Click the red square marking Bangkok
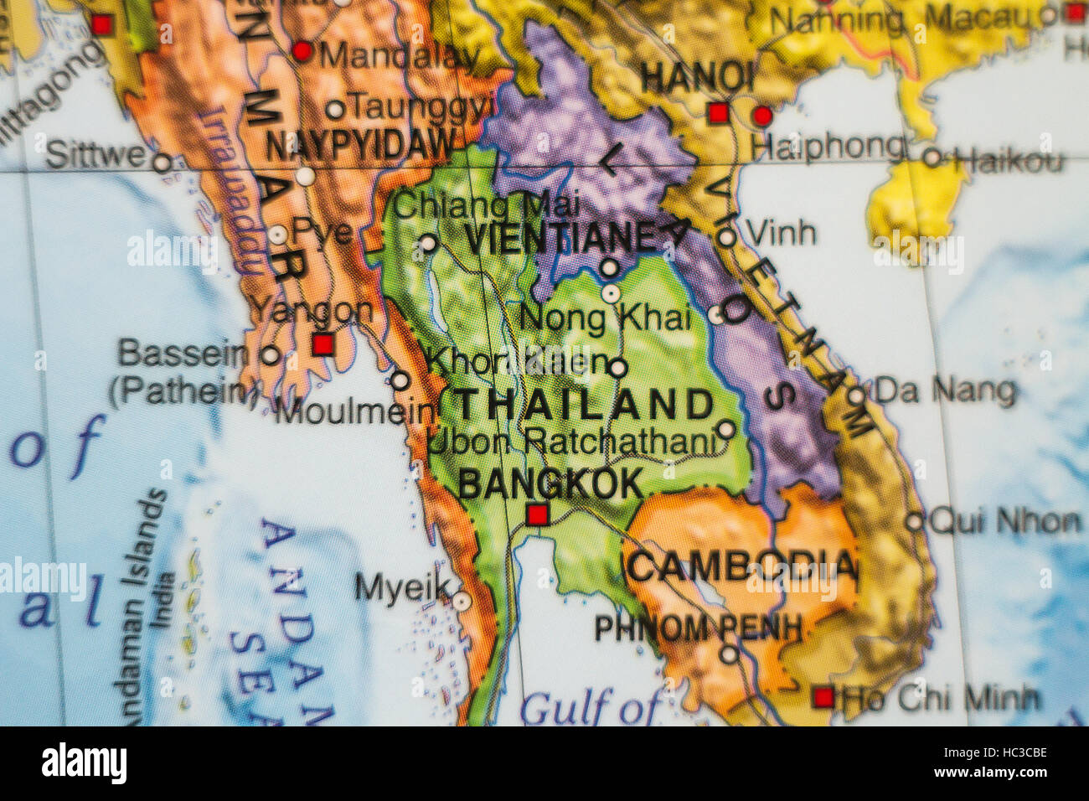[x=538, y=514]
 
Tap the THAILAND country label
[x=576, y=406]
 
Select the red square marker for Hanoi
[x=718, y=114]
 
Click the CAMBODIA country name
[x=742, y=567]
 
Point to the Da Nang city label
[x=944, y=391]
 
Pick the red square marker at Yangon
[x=323, y=344]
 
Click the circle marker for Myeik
[x=462, y=601]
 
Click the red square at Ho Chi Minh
[x=823, y=697]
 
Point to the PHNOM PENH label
[x=699, y=628]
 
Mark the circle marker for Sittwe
[x=163, y=163]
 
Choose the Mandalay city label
[x=400, y=56]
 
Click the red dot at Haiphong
[x=762, y=116]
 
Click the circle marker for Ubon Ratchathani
[x=725, y=430]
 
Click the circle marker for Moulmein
[x=400, y=381]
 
